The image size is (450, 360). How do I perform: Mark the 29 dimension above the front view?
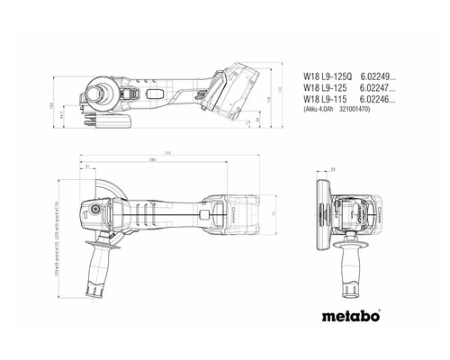pos(332,169)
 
